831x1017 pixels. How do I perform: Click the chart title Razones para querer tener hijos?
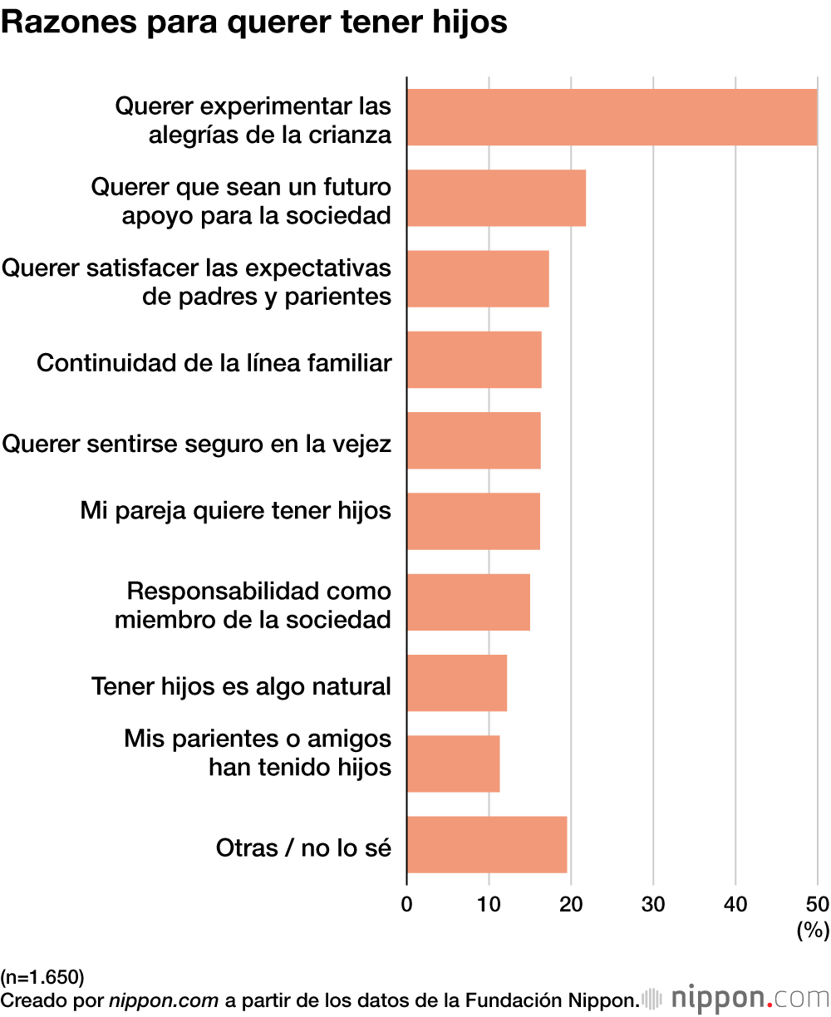click(x=254, y=23)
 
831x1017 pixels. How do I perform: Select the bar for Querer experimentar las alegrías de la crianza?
click(x=612, y=117)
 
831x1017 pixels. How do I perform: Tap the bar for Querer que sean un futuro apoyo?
click(x=496, y=198)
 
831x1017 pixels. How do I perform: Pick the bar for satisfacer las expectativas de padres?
click(x=478, y=278)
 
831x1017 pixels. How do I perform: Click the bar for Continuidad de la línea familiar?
click(x=474, y=360)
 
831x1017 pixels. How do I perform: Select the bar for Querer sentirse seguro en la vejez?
click(x=474, y=440)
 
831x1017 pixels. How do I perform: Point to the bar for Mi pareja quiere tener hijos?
click(x=473, y=521)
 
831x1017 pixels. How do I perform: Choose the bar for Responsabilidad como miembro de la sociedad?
click(x=468, y=602)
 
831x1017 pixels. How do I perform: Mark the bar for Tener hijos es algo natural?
click(x=456, y=682)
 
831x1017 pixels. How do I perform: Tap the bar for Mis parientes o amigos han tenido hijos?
click(x=453, y=764)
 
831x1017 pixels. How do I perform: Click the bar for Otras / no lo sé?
click(x=487, y=844)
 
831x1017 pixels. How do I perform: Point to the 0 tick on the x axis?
click(x=407, y=904)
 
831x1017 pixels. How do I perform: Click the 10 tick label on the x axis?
click(x=489, y=904)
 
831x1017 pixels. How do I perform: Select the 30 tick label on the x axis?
click(x=653, y=904)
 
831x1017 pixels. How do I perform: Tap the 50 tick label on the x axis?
click(x=817, y=904)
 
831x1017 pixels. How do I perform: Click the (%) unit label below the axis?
click(x=812, y=931)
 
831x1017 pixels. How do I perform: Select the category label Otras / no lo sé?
click(x=303, y=847)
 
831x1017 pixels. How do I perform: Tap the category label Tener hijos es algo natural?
click(x=241, y=686)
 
